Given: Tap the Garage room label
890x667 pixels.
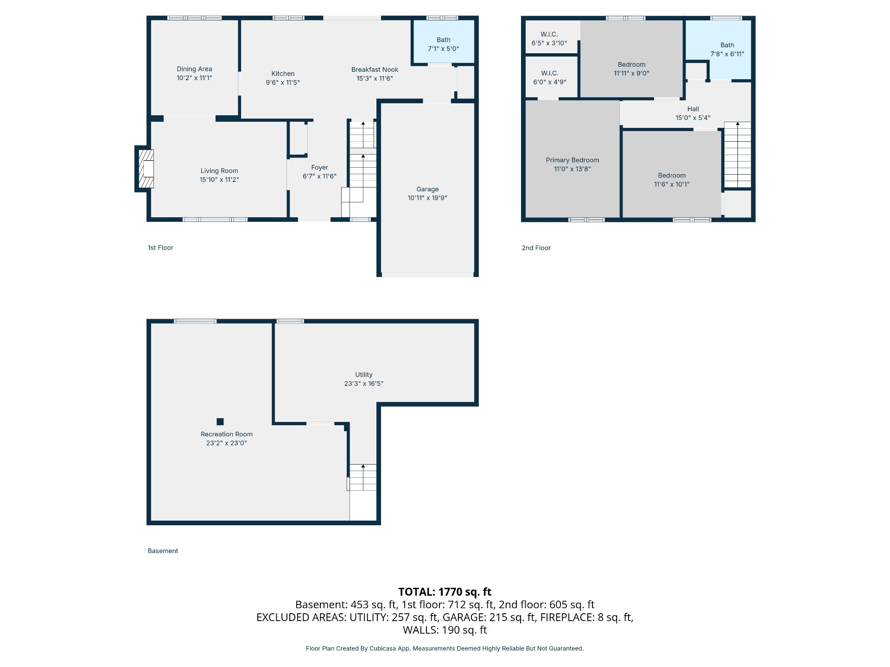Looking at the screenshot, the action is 427,189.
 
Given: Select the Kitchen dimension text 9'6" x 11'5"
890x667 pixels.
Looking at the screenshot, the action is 283,82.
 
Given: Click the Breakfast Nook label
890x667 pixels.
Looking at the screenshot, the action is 375,69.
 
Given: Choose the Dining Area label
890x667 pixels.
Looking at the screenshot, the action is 194,69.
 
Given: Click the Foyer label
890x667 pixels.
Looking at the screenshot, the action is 319,167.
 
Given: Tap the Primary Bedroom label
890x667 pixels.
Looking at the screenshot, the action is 572,160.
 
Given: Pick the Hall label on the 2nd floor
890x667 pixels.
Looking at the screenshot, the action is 693,109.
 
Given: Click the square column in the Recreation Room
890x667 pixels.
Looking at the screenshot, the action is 220,422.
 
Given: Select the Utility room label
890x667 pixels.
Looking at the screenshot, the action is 364,374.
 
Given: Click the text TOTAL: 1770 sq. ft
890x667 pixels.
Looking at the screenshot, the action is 445,591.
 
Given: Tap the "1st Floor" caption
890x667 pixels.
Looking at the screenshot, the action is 160,248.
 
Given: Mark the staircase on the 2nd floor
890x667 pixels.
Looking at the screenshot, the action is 737,155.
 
